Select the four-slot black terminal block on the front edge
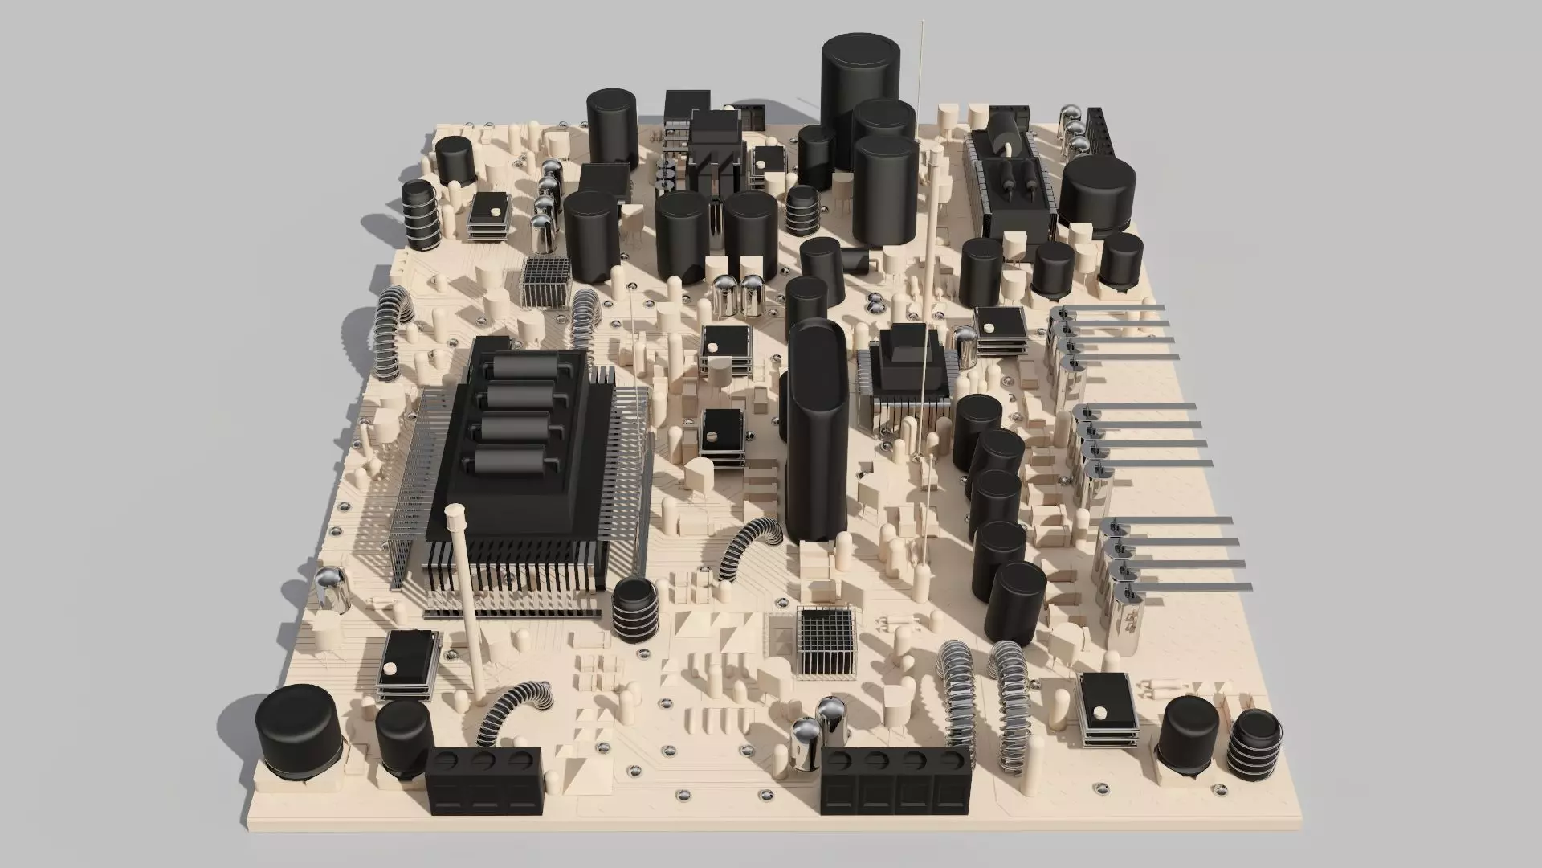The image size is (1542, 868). tap(895, 781)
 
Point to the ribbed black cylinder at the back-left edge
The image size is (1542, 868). tap(419, 215)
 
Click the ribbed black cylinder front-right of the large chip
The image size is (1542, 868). tap(636, 608)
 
